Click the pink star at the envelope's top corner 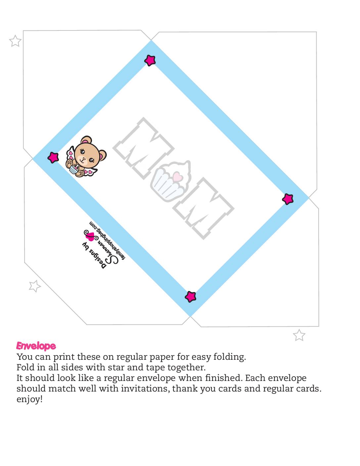(x=150, y=61)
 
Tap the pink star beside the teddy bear (x=53, y=158)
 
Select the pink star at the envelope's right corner (x=288, y=199)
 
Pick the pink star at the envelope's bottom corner (x=190, y=297)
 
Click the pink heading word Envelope (x=36, y=346)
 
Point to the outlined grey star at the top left (x=16, y=41)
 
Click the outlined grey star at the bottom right (x=299, y=335)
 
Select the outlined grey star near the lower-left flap (x=34, y=286)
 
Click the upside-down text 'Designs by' (x=94, y=256)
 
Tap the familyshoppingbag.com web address (x=107, y=240)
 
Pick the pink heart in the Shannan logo (x=91, y=236)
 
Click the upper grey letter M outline (x=144, y=148)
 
